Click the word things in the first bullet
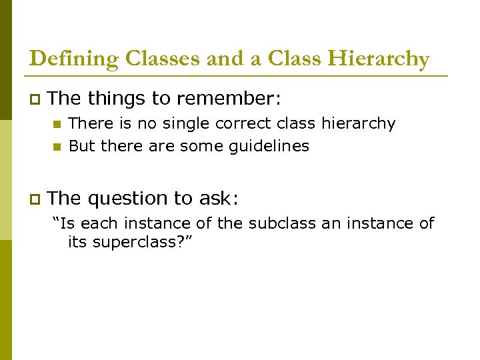point(117,99)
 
